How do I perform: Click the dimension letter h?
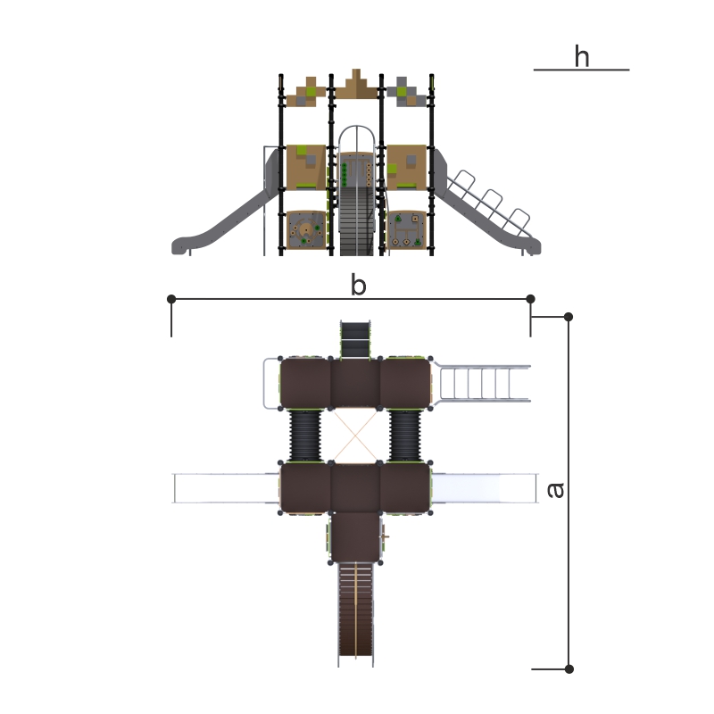[582, 56]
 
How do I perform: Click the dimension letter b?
[359, 285]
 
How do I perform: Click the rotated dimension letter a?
[555, 490]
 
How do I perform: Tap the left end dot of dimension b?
[171, 299]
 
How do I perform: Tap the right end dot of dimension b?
[530, 299]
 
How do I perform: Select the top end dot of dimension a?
[569, 317]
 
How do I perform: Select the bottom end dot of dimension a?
[569, 668]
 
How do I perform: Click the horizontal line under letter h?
[581, 70]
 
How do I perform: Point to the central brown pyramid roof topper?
[356, 84]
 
